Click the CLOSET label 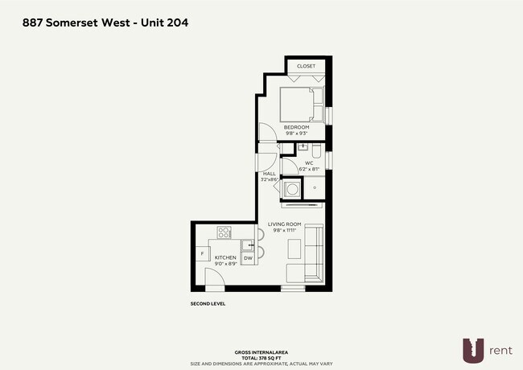306,66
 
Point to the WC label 308,163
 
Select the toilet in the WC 316,150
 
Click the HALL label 269,174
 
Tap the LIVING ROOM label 285,224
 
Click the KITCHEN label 224,257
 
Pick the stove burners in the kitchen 224,232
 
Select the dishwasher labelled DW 248,257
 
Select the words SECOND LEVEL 208,304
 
